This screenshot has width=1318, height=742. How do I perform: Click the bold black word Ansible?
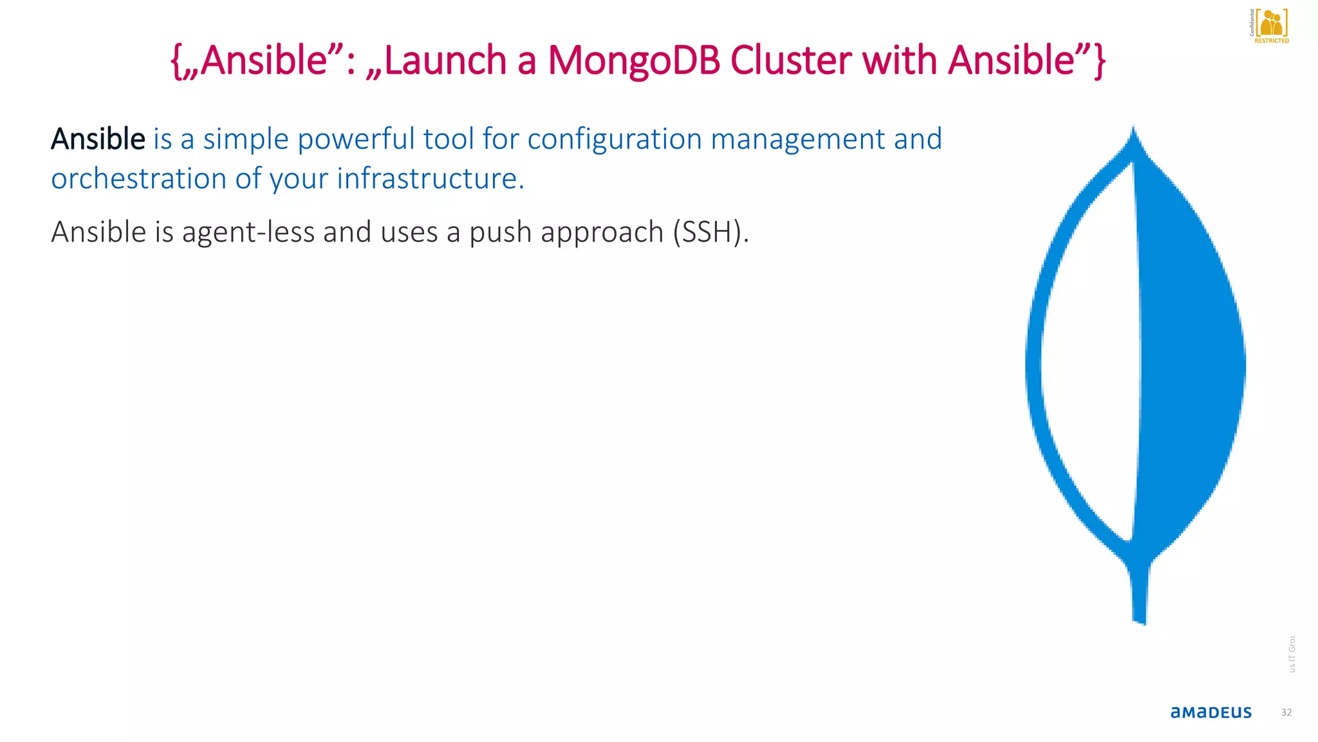pos(98,139)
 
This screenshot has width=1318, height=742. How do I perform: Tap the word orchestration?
pos(138,179)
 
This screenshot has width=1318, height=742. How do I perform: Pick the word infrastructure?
pos(430,179)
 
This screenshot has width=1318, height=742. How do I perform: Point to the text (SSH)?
pos(710,233)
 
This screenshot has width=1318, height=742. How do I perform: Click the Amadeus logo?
pos(1211,712)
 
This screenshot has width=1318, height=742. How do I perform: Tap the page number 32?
pos(1286,712)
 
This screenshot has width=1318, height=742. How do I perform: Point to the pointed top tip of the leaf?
pos(1133,132)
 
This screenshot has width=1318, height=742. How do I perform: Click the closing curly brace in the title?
pos(1099,61)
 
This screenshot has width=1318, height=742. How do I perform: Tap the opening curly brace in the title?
pos(175,61)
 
